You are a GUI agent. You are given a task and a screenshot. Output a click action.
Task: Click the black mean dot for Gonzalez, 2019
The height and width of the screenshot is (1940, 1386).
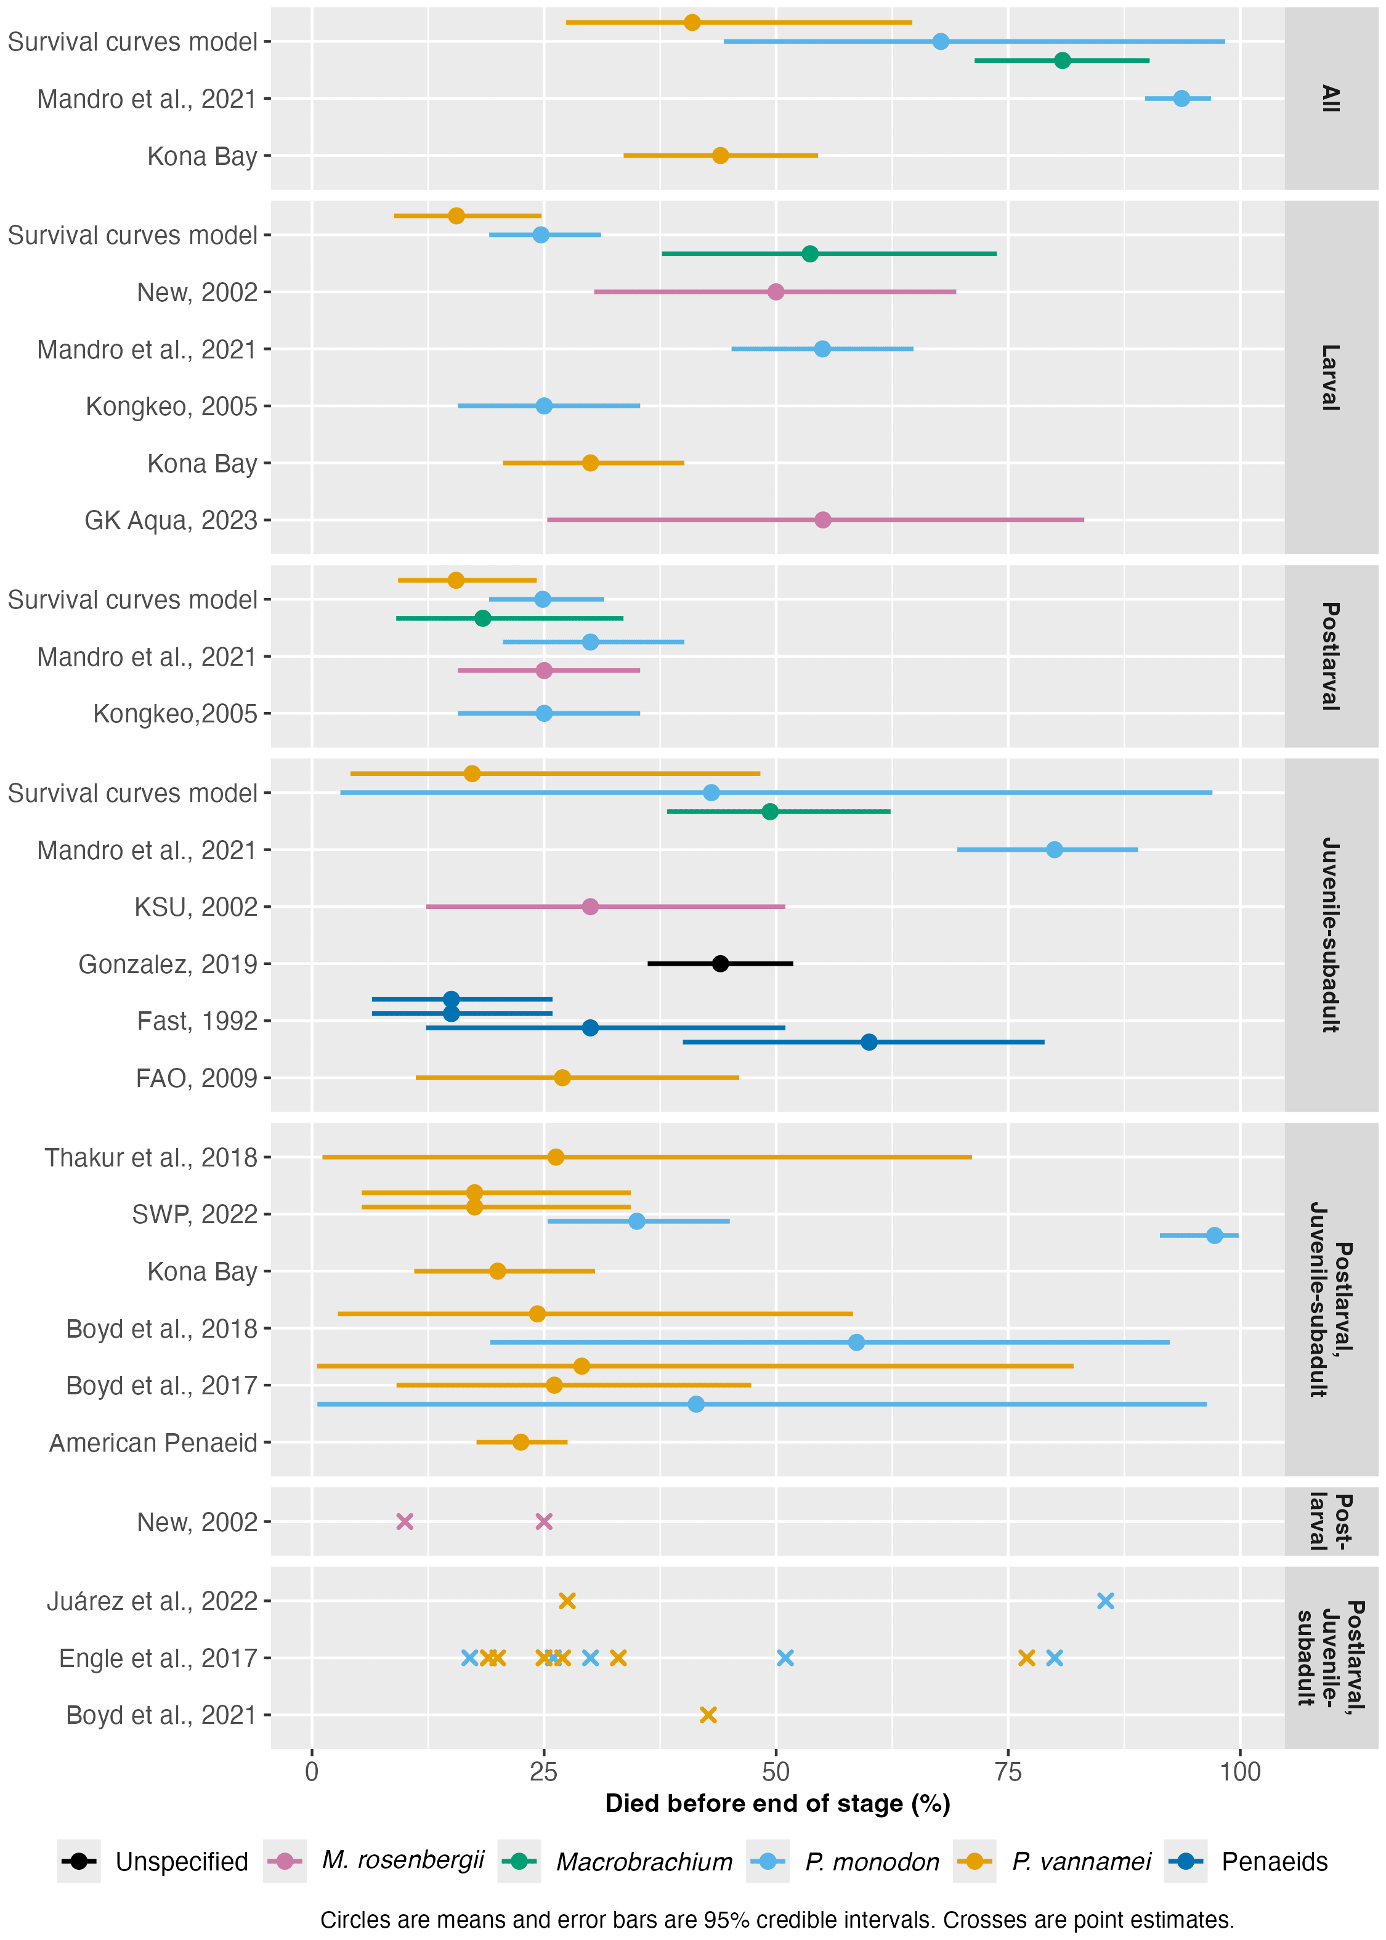pyautogui.click(x=720, y=963)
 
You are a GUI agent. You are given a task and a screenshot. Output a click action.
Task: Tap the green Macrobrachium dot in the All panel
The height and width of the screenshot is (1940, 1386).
pyautogui.click(x=1062, y=60)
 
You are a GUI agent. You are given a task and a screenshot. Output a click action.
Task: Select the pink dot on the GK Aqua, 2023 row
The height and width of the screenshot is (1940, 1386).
pyautogui.click(x=823, y=520)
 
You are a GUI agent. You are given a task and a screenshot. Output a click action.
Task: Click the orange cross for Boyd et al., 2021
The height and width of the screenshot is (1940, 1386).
pyautogui.click(x=708, y=1715)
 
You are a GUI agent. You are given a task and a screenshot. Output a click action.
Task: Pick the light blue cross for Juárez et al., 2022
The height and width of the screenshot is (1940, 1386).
pyautogui.click(x=1105, y=1601)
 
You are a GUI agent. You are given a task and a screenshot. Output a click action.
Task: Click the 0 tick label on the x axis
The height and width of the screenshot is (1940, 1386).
pyautogui.click(x=312, y=1772)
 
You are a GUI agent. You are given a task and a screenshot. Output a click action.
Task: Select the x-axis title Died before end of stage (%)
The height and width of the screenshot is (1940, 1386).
pyautogui.click(x=777, y=1803)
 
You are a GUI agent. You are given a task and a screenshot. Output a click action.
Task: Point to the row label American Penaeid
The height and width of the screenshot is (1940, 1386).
pyautogui.click(x=153, y=1442)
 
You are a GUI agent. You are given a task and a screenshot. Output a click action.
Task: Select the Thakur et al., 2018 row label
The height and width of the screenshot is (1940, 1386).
pyautogui.click(x=151, y=1158)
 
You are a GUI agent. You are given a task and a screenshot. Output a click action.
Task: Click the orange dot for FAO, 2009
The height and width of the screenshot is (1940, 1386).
pyautogui.click(x=562, y=1078)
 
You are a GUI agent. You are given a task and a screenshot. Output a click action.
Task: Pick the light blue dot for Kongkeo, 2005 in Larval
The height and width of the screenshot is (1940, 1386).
pyautogui.click(x=544, y=406)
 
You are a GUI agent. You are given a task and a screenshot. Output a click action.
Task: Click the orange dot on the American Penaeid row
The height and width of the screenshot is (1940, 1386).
pyautogui.click(x=521, y=1442)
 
